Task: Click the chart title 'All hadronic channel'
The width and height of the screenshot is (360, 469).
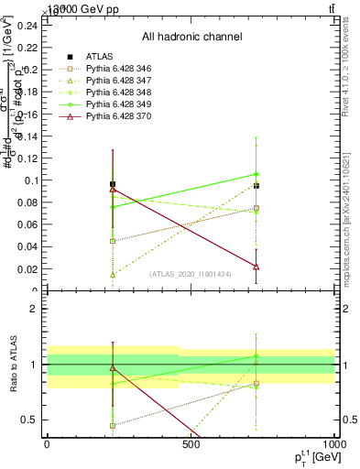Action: pyautogui.click(x=191, y=37)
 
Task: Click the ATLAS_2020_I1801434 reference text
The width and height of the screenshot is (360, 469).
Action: pyautogui.click(x=191, y=274)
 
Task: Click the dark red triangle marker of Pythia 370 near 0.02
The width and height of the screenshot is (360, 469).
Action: pyautogui.click(x=256, y=267)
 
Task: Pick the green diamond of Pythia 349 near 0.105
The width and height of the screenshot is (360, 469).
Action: pyautogui.click(x=256, y=174)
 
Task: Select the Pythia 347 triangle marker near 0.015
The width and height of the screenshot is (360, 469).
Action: pyautogui.click(x=113, y=274)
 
